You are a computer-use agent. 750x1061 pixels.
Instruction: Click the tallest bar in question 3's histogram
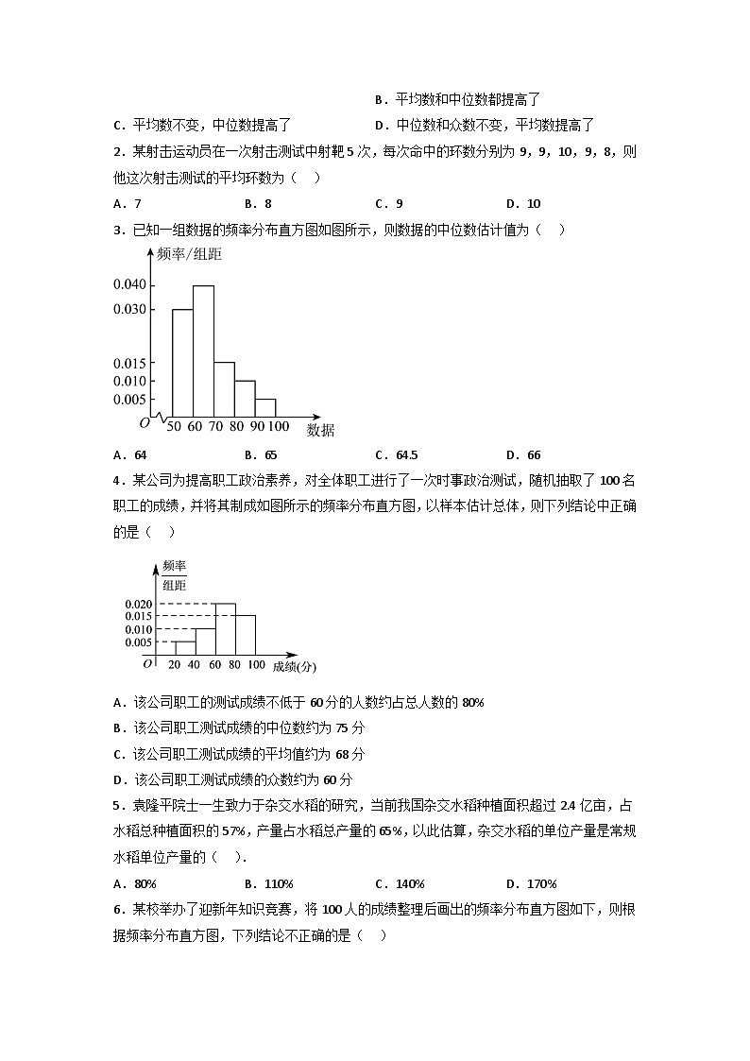(x=203, y=350)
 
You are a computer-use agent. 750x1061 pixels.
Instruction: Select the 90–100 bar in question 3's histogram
(x=265, y=407)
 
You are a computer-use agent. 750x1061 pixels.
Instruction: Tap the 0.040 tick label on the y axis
(x=129, y=284)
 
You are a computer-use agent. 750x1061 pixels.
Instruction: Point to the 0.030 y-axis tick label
(x=129, y=309)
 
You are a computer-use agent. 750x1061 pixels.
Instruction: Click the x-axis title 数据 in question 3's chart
(x=320, y=431)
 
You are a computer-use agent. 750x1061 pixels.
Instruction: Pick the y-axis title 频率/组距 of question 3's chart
(x=189, y=254)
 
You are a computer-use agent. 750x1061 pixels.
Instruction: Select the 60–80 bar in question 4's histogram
(x=225, y=628)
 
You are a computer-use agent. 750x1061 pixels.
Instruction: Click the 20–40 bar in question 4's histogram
(x=184, y=647)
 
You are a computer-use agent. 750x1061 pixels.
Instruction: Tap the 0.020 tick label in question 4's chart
(x=138, y=604)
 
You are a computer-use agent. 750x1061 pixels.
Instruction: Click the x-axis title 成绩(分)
(x=295, y=666)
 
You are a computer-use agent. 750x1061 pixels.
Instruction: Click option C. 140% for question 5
(x=400, y=884)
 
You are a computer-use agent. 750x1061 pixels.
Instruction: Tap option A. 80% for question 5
(x=134, y=884)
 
